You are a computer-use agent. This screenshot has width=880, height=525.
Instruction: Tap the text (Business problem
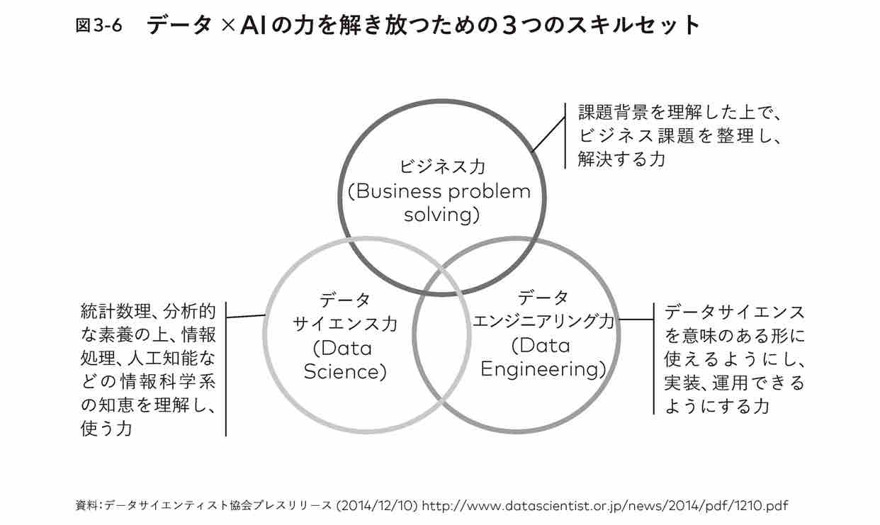point(439,191)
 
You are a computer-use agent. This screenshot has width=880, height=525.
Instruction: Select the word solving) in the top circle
point(441,215)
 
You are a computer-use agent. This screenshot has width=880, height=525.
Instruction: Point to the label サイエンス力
point(345,324)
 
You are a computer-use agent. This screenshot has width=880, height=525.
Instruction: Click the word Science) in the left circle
point(345,371)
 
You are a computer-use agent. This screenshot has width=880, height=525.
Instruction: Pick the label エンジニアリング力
point(543,322)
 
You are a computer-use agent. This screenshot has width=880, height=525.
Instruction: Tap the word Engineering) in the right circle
point(543,369)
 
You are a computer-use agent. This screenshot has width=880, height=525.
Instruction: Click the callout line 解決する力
point(622,159)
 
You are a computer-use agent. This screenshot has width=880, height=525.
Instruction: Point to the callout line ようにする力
point(716,406)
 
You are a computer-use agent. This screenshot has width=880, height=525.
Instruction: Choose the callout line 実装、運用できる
point(734,383)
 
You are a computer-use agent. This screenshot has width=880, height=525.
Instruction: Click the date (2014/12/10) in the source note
point(379,506)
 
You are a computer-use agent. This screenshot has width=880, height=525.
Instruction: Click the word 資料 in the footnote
point(86,506)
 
